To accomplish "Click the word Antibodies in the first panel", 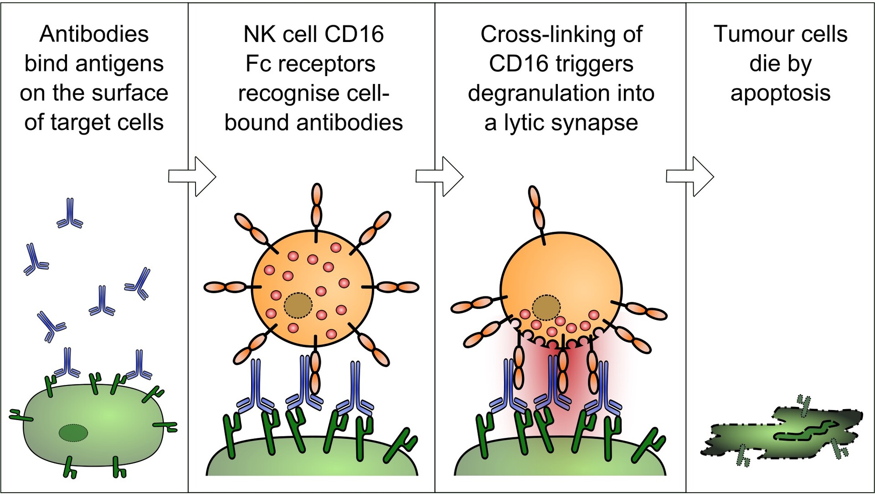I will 94,34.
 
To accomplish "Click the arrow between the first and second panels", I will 192,177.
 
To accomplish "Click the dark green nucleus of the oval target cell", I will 73,433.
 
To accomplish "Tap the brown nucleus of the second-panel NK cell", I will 298,306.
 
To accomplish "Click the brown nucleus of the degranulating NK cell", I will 546,308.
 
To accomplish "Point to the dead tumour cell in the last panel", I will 782,433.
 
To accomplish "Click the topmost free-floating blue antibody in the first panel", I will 70,213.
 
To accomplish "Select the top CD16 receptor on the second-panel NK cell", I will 316,205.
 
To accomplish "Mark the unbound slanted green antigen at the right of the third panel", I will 650,445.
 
